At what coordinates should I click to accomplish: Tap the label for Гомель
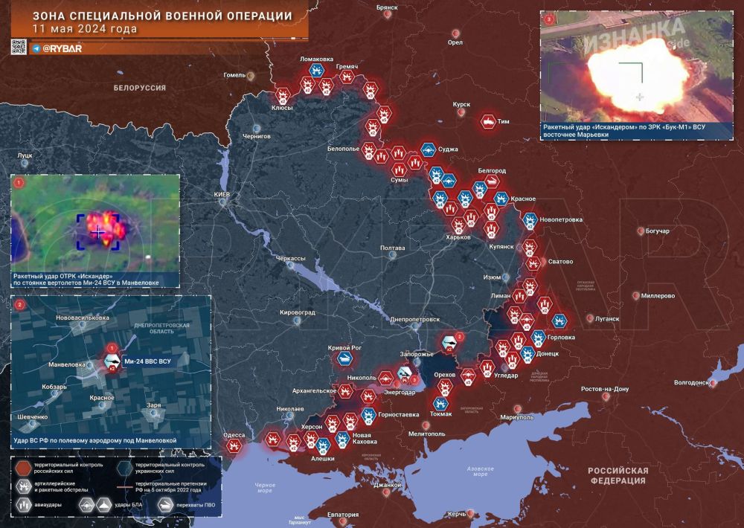pyautogui.click(x=234, y=75)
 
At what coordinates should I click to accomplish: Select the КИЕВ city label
pyautogui.click(x=222, y=195)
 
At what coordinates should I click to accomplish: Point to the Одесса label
pyautogui.click(x=234, y=435)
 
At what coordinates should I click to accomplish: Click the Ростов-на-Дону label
pyautogui.click(x=605, y=389)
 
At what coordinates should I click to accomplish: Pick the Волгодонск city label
pyautogui.click(x=689, y=383)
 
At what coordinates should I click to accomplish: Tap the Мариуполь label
pyautogui.click(x=517, y=417)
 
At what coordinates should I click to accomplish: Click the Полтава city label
pyautogui.click(x=392, y=248)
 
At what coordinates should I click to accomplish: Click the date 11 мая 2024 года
pyautogui.click(x=85, y=29)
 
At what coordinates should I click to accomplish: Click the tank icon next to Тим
pyautogui.click(x=488, y=120)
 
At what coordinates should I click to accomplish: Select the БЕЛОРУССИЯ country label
pyautogui.click(x=139, y=88)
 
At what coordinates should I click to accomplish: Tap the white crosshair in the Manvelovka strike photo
pyautogui.click(x=99, y=232)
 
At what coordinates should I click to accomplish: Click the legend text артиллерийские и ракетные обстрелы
pyautogui.click(x=62, y=486)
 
